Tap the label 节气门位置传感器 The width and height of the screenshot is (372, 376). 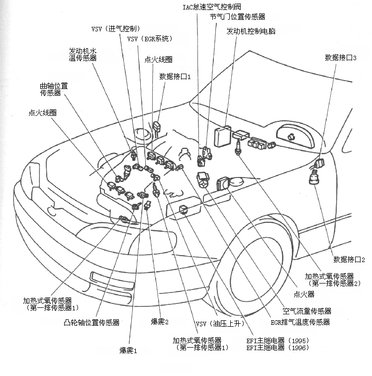pyautogui.click(x=238, y=17)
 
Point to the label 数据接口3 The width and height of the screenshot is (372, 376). pyautogui.click(x=341, y=58)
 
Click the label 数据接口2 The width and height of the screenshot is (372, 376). pyautogui.click(x=349, y=260)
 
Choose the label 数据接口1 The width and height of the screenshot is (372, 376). pyautogui.click(x=175, y=77)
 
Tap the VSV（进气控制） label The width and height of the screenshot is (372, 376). pyautogui.click(x=116, y=28)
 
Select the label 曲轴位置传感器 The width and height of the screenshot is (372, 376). pyautogui.click(x=54, y=90)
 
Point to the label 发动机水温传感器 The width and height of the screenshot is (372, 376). pyautogui.click(x=83, y=54)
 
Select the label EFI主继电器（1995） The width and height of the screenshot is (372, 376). pyautogui.click(x=272, y=341)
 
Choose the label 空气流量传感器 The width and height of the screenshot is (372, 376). pyautogui.click(x=307, y=311)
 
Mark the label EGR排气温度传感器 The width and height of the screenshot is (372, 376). pyautogui.click(x=299, y=322)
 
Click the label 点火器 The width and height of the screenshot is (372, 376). pyautogui.click(x=304, y=294)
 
